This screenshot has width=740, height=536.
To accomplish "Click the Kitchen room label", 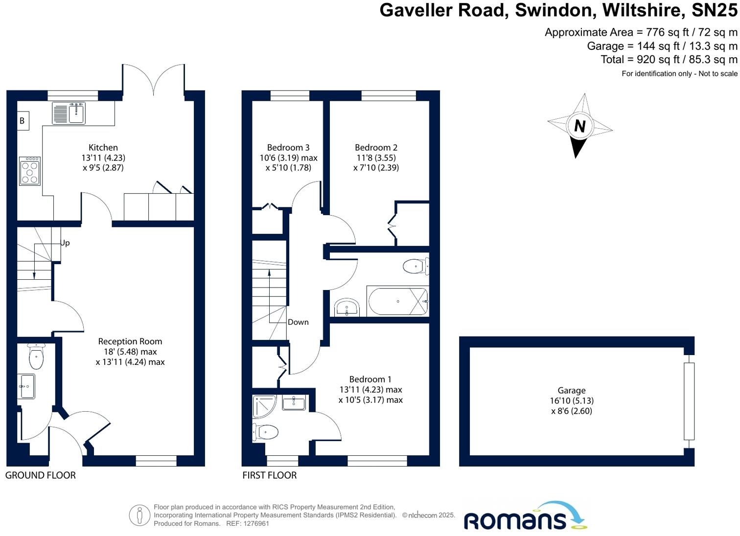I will pyautogui.click(x=103, y=147).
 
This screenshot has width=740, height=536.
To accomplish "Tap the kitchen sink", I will pyautogui.click(x=69, y=113).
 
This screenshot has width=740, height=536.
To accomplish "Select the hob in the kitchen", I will pyautogui.click(x=30, y=171).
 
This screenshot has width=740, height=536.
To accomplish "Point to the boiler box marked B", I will pyautogui.click(x=22, y=121).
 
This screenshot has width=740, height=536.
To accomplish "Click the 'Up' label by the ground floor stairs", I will pyautogui.click(x=65, y=243).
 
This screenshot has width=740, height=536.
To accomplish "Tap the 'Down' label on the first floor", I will pyautogui.click(x=298, y=322).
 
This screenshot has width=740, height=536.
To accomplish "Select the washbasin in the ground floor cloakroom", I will pyautogui.click(x=26, y=386).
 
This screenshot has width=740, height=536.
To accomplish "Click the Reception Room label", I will pyautogui.click(x=130, y=341).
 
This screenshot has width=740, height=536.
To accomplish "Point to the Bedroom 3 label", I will pyautogui.click(x=288, y=147).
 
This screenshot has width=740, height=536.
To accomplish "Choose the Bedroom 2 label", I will pyautogui.click(x=376, y=147).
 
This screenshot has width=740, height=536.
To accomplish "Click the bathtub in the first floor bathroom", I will pyautogui.click(x=397, y=301).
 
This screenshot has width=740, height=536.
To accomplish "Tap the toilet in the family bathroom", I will pyautogui.click(x=415, y=267).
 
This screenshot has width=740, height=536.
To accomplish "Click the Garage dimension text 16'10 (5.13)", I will pyautogui.click(x=572, y=401).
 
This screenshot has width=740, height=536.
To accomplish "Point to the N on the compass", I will pyautogui.click(x=580, y=126).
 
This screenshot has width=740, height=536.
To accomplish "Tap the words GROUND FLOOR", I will pyautogui.click(x=41, y=475).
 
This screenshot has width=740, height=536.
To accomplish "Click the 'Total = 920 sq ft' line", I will pyautogui.click(x=669, y=59).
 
